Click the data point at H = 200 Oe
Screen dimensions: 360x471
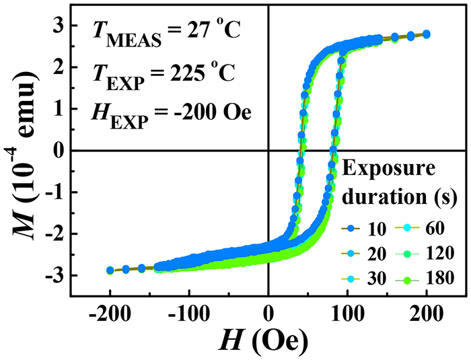[x=426, y=34]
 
